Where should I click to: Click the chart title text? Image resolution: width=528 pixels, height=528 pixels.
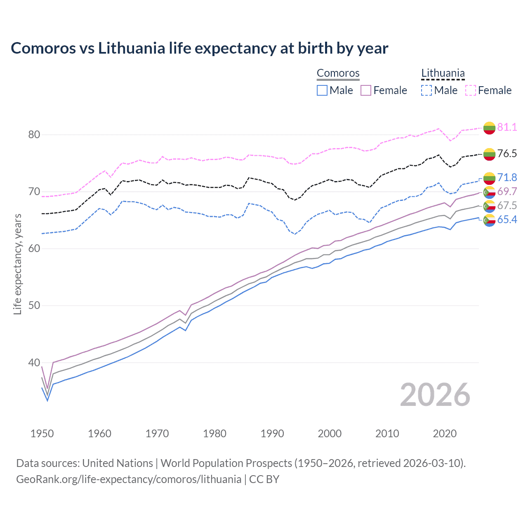pos(199,48)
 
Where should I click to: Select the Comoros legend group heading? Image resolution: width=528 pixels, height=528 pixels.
pos(338,73)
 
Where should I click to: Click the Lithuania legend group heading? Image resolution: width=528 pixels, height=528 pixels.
pos(443,73)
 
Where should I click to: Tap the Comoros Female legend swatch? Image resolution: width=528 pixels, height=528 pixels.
pos(366,90)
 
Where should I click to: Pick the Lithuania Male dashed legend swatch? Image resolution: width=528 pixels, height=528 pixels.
pos(427,90)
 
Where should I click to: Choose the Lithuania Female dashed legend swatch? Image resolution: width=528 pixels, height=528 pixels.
pos(470,90)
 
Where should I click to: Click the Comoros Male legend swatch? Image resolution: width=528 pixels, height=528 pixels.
pos(322,90)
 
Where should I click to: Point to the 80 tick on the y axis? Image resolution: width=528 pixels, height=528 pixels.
pos(34,134)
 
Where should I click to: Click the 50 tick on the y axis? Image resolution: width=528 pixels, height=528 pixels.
pos(34,306)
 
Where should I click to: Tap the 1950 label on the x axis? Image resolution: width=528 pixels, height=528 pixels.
pos(42,434)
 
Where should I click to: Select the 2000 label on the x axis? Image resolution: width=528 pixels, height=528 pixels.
pos(330,434)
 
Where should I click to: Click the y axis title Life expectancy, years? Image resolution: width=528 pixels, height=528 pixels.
pos(18,264)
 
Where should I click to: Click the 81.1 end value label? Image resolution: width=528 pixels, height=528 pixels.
pos(507,127)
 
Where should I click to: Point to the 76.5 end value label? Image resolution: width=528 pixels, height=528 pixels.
pos(507,153)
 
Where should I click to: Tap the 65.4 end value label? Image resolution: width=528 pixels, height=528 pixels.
pos(507,219)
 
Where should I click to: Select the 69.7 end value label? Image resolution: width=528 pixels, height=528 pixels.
pos(507,191)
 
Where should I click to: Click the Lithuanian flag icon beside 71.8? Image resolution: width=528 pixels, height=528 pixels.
pos(489,178)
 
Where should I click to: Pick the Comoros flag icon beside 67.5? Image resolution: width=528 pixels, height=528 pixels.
pos(489,206)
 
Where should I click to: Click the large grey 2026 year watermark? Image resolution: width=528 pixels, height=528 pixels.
pos(435,395)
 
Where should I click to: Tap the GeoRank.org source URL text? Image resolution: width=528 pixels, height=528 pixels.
pos(129,479)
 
